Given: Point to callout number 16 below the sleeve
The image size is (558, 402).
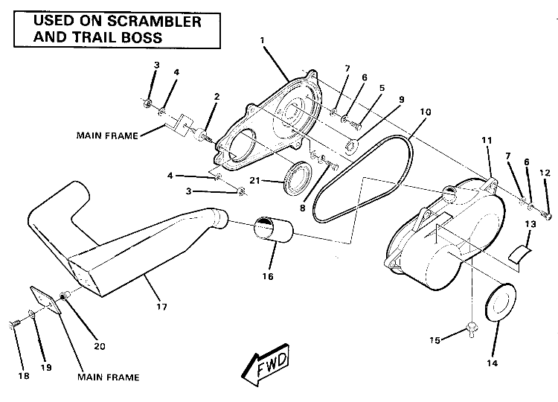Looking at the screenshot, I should click(x=268, y=276).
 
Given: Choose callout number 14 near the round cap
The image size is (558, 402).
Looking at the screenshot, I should click(x=490, y=363).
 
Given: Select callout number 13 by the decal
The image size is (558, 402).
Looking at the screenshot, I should click(x=531, y=223).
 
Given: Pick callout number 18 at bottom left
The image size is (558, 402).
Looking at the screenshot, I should click(x=24, y=377).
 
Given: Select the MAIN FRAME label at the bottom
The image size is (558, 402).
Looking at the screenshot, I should click(x=108, y=377).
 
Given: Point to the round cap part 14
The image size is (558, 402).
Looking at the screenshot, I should click(x=499, y=305).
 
